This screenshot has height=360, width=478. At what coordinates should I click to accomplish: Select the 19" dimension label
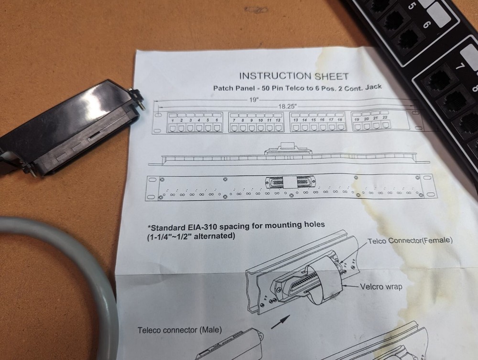click(254, 99)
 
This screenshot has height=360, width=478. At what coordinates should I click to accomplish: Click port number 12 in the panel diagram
click(278, 120)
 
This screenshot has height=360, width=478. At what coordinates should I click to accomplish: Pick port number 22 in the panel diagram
click(385, 117)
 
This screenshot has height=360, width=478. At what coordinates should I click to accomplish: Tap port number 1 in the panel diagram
click(173, 120)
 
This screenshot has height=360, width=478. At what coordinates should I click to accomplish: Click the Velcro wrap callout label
click(381, 287)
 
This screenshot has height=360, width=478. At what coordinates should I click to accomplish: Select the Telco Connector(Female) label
click(410, 241)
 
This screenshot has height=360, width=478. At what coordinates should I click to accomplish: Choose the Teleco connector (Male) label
click(180, 330)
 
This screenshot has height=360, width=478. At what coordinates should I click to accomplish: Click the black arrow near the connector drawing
click(281, 322)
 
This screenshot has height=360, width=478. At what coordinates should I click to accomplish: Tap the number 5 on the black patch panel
click(410, 6)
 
